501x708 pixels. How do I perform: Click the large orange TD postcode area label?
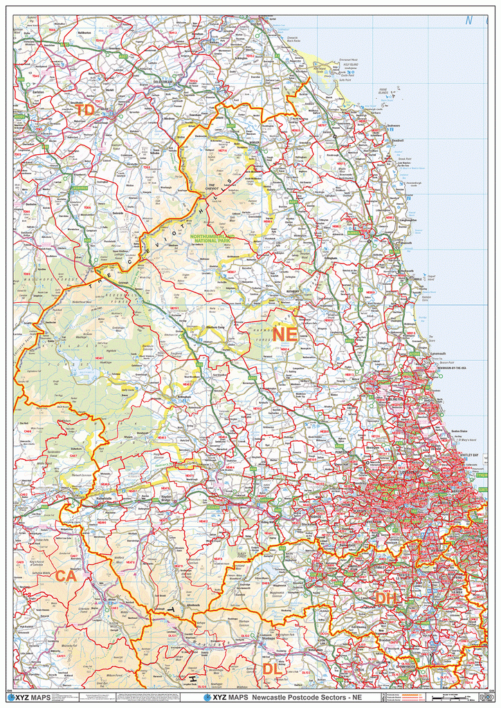click(85, 111)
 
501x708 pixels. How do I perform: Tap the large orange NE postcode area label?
click(284, 335)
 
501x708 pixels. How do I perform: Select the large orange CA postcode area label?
click(66, 576)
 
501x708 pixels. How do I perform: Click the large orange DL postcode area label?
click(272, 669)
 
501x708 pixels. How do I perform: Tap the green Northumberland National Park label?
click(212, 239)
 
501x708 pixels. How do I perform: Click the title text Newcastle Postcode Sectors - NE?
click(307, 698)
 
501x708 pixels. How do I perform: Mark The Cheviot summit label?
click(213, 185)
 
